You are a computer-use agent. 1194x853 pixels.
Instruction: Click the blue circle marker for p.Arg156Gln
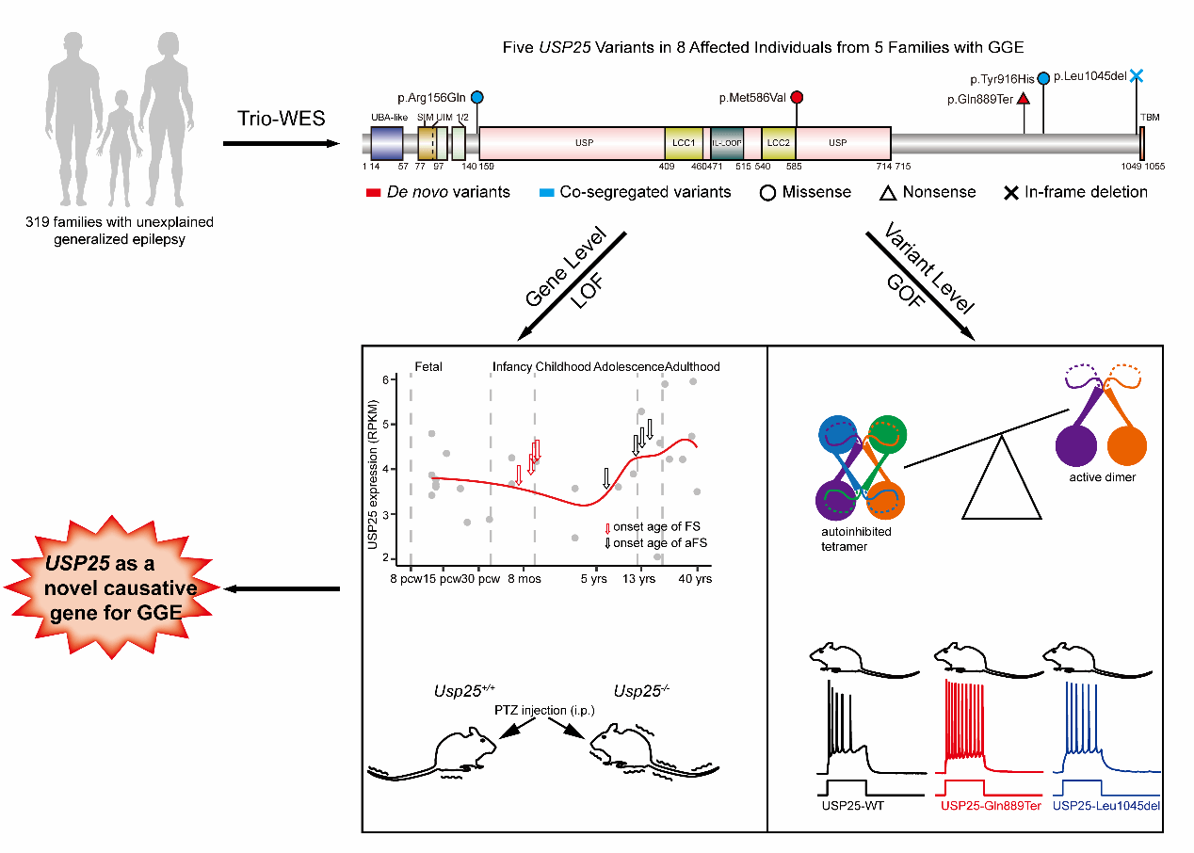[477, 97]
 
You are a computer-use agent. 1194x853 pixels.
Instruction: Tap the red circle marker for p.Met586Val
[797, 97]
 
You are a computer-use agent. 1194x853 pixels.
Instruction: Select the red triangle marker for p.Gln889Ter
[1024, 99]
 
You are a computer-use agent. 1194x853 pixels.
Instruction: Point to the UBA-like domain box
[387, 144]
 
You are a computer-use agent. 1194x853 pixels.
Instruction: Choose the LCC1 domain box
[684, 144]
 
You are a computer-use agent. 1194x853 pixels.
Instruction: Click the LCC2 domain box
[778, 144]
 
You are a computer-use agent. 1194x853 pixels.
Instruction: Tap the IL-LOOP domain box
[727, 144]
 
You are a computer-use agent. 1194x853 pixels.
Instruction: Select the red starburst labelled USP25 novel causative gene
[115, 588]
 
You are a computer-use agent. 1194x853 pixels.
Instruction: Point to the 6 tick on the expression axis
[385, 379]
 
